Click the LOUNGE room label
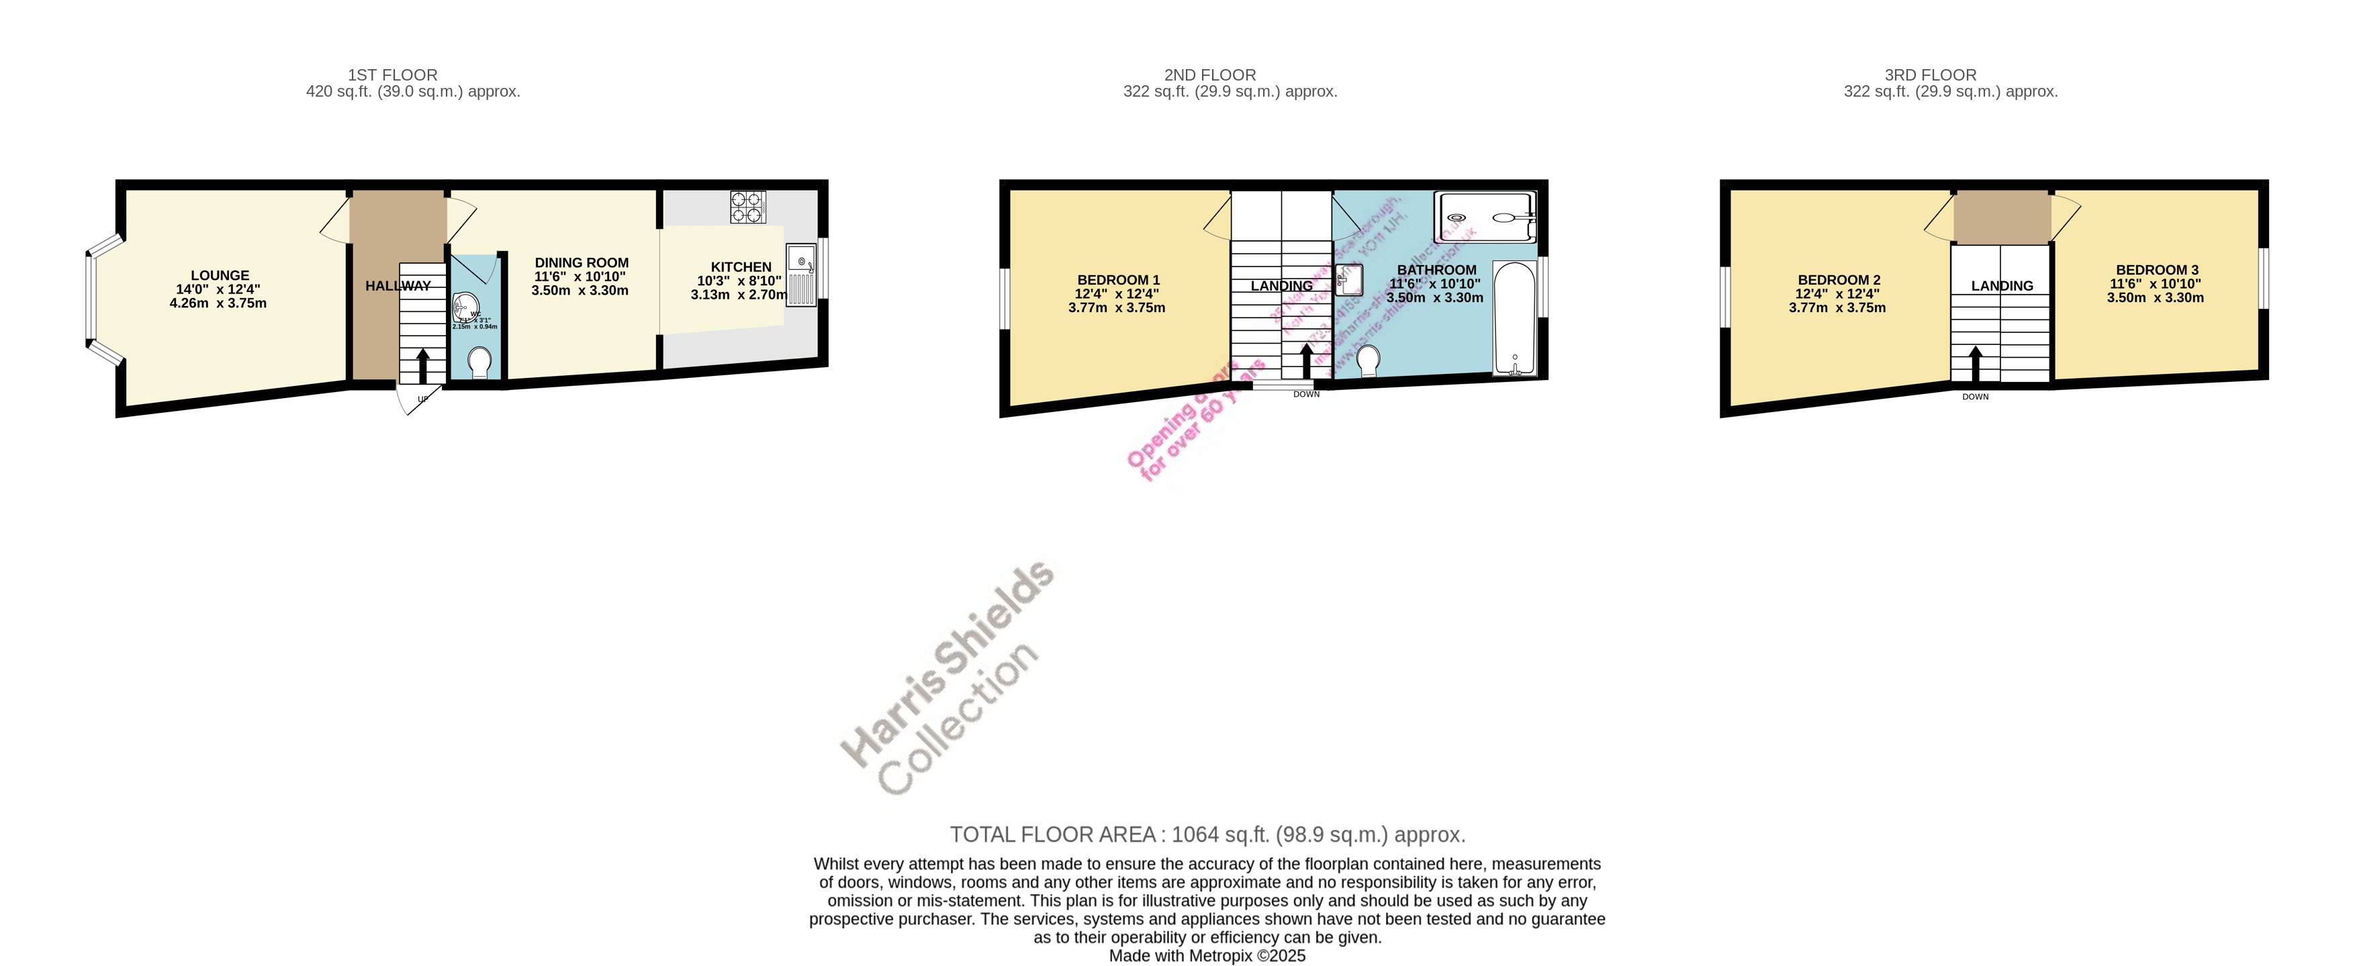[220, 275]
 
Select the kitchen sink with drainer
[801, 275]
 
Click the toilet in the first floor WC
[478, 362]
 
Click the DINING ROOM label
[582, 262]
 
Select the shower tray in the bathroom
[1485, 218]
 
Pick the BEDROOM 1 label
[1117, 280]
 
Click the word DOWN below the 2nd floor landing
[1305, 395]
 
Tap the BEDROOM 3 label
[2156, 270]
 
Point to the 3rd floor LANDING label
[2001, 286]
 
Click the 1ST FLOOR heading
[392, 75]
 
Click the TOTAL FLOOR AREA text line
[1207, 834]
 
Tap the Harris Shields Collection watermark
[946, 681]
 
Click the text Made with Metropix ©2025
[1207, 956]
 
